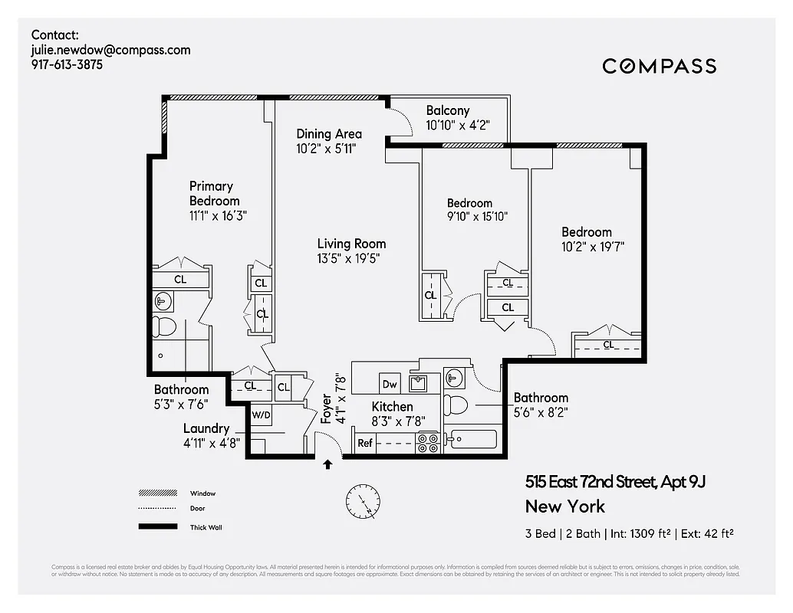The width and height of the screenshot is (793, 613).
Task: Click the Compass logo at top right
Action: tap(659, 66)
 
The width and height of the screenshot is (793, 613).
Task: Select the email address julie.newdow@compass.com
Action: tap(110, 50)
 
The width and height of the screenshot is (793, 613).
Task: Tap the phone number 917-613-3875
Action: tap(67, 65)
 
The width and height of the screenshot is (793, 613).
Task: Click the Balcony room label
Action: tap(447, 110)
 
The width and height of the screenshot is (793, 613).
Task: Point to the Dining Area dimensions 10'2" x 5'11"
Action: tap(327, 149)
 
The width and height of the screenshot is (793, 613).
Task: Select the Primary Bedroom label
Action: tap(212, 193)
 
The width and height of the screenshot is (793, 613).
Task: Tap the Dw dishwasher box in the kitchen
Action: tap(389, 384)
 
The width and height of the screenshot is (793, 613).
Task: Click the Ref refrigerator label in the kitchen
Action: tap(365, 443)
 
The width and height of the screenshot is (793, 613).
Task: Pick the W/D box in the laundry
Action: tap(262, 415)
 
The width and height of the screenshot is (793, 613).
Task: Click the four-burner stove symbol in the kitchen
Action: tap(427, 442)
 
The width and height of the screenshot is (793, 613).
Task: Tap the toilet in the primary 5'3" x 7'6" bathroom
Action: tap(163, 327)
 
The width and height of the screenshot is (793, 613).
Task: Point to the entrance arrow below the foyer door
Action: tap(328, 464)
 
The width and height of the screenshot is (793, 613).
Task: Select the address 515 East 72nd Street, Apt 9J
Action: tap(614, 482)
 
